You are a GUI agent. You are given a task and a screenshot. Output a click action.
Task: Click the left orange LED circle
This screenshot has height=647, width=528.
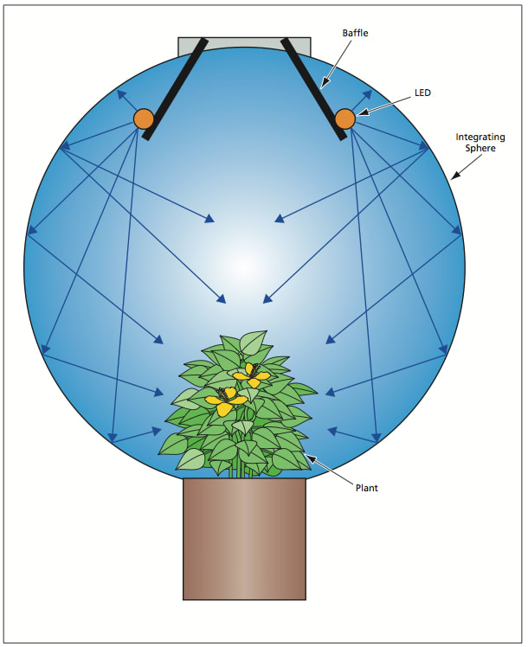144,119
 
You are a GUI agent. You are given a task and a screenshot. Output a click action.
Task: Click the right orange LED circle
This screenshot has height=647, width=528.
345,119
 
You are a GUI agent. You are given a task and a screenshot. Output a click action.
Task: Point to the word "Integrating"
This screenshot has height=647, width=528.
480,137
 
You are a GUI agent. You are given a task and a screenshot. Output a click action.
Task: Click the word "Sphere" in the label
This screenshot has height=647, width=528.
480,149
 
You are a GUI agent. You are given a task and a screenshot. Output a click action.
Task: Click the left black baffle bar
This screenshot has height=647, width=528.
175,87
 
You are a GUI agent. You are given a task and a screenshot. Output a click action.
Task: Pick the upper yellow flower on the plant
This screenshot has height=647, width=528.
252,375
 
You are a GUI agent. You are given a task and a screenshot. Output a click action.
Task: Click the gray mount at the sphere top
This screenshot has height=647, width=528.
244,44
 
